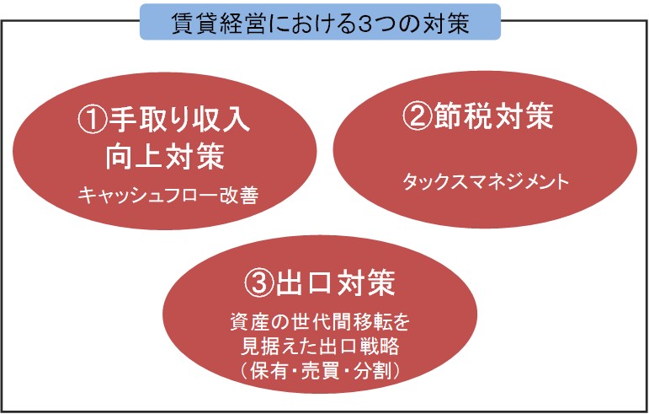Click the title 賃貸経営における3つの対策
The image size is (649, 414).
tap(321, 24)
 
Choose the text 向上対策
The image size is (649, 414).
tap(165, 156)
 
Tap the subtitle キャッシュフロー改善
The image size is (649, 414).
tap(168, 195)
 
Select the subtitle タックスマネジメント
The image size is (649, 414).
tap(486, 182)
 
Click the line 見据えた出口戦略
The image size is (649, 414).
tap(320, 347)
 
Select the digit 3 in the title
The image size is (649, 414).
tap(364, 24)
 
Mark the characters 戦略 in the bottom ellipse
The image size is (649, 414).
tap(380, 347)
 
